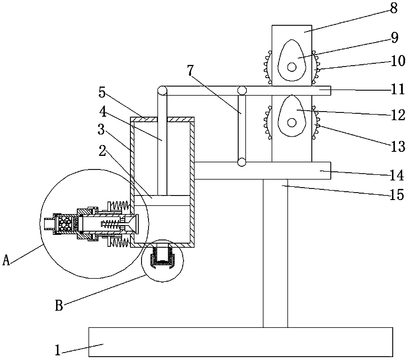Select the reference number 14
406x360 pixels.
click(x=397, y=175)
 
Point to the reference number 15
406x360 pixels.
click(x=397, y=194)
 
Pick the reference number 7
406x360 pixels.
click(x=190, y=70)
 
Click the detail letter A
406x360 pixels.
click(x=6, y=260)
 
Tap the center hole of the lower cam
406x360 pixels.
click(x=292, y=123)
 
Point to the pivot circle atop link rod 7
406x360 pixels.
click(x=242, y=90)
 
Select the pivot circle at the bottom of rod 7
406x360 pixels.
click(x=242, y=162)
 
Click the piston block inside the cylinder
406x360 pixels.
click(x=162, y=200)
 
